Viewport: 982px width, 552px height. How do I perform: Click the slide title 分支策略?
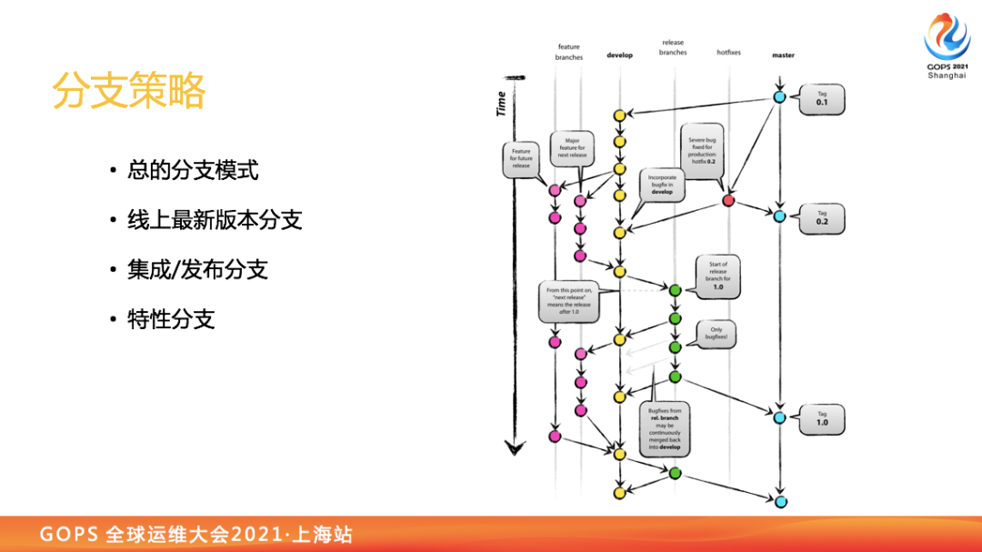pyautogui.click(x=128, y=91)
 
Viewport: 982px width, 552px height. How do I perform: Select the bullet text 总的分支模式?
pyautogui.click(x=193, y=170)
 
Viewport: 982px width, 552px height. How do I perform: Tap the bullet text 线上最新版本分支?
pyautogui.click(x=215, y=220)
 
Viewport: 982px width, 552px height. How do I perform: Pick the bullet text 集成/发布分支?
pyautogui.click(x=197, y=269)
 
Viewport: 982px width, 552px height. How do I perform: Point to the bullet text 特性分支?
pyautogui.click(x=171, y=319)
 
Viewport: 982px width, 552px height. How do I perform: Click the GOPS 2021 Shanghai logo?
pyautogui.click(x=947, y=45)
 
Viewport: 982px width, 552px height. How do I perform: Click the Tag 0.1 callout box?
pyautogui.click(x=822, y=99)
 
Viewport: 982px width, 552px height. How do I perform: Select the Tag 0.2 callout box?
pyautogui.click(x=822, y=218)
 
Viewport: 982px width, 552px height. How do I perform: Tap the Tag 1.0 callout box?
pyautogui.click(x=822, y=418)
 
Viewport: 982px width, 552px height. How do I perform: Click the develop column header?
pyautogui.click(x=619, y=55)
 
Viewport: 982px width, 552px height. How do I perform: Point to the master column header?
pyautogui.click(x=783, y=55)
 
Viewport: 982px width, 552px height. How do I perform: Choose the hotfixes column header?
pyautogui.click(x=728, y=53)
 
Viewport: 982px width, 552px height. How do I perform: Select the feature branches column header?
pyautogui.click(x=568, y=52)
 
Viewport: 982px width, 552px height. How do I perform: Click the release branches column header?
pyautogui.click(x=673, y=47)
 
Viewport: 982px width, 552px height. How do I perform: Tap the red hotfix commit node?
pyautogui.click(x=728, y=200)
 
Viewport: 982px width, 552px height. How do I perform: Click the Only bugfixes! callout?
pyautogui.click(x=717, y=334)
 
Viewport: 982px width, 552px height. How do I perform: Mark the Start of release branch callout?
pyautogui.click(x=717, y=276)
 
